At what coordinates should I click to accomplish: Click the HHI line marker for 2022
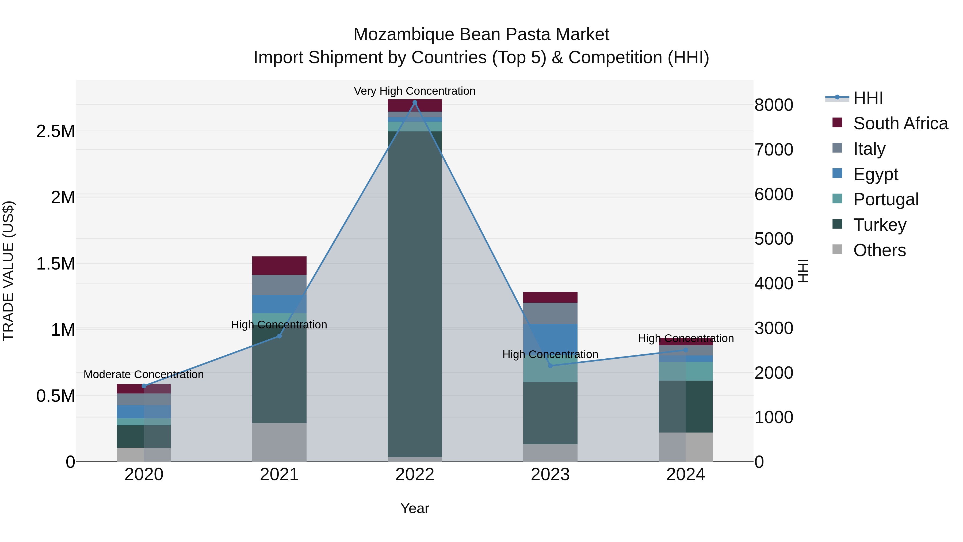(x=415, y=102)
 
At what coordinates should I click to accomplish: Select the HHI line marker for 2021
(x=279, y=336)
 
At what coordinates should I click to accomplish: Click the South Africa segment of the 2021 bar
(x=279, y=266)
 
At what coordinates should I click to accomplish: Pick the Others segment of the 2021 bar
(x=279, y=442)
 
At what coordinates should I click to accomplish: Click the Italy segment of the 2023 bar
(x=550, y=313)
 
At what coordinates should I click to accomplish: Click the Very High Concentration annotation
(x=415, y=91)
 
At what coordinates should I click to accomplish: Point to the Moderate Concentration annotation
(x=144, y=374)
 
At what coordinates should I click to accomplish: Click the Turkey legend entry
(x=880, y=225)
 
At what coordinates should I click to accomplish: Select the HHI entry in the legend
(x=868, y=98)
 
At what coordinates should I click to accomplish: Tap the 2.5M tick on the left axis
(x=56, y=131)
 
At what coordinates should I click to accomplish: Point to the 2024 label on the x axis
(x=686, y=475)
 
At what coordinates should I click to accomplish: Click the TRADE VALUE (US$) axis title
(x=9, y=271)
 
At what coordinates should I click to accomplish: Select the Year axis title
(x=415, y=508)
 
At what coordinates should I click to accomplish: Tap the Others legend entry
(x=879, y=250)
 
